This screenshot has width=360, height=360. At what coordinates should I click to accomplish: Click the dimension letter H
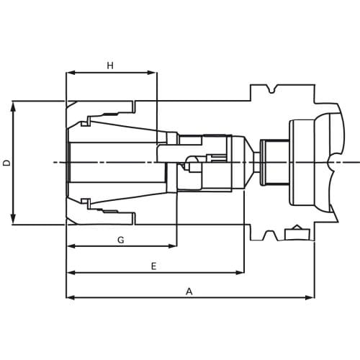pos(110,66)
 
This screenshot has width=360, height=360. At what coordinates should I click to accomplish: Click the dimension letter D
pos(7,163)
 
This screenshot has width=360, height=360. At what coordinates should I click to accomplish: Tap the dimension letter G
pos(121,240)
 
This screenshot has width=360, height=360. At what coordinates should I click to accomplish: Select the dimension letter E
pos(154,266)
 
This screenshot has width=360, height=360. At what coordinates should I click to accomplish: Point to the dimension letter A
pos(189,292)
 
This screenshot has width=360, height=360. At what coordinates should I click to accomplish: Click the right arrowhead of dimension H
pos(152,73)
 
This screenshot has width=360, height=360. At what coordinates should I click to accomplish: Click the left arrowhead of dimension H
pos(71,73)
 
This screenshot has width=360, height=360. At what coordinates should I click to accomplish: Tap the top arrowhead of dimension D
pos(14,107)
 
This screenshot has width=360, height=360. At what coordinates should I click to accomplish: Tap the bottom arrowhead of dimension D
pos(14,220)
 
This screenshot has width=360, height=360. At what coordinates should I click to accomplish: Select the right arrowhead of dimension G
pos(172,246)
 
